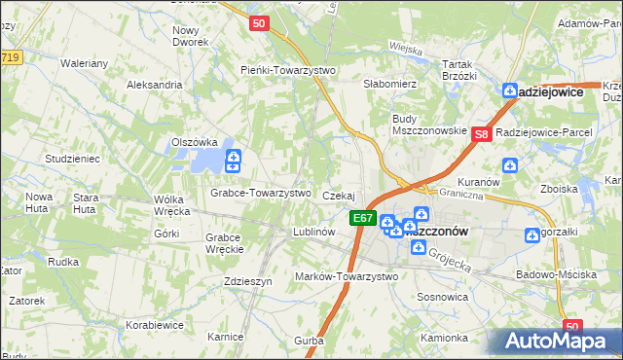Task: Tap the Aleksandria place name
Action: [155, 85]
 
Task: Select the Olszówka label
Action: [192, 142]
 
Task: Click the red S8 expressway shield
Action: [481, 134]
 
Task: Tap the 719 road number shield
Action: [10, 58]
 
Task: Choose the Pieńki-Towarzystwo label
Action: [288, 70]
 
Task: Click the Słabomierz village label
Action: [389, 85]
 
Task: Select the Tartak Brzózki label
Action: [458, 69]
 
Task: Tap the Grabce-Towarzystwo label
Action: [261, 193]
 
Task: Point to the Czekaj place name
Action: [338, 196]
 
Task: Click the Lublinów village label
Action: [314, 233]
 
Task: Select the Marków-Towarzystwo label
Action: [347, 276]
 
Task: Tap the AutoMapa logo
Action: [554, 340]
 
